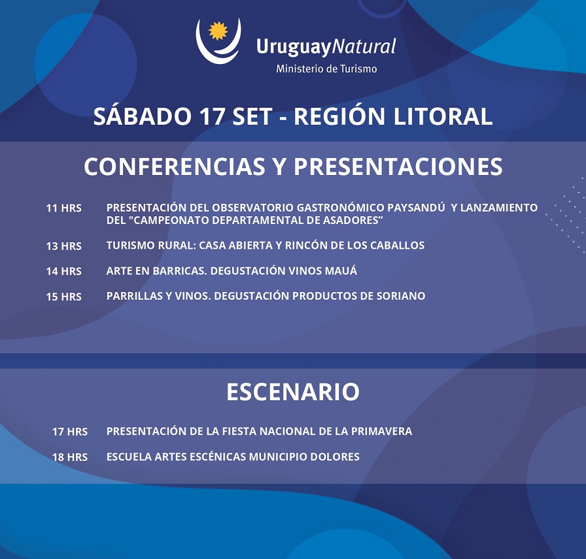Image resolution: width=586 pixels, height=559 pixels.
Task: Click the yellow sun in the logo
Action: click(218, 31)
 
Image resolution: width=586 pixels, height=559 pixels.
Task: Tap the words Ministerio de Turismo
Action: click(326, 69)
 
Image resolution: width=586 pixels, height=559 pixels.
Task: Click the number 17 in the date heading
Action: click(211, 116)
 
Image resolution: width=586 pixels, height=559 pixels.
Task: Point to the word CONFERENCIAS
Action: click(175, 167)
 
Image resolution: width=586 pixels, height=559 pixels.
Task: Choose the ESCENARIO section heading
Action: click(293, 392)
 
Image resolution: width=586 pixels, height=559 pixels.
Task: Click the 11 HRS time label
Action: click(63, 208)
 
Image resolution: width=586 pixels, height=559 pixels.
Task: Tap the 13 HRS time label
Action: click(63, 246)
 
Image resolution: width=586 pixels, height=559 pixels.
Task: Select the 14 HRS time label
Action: click(63, 271)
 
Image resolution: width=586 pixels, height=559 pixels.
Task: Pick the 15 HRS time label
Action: click(63, 296)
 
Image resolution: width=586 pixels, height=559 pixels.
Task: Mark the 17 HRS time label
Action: click(70, 432)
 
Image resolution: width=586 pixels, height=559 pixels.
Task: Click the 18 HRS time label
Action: click(70, 457)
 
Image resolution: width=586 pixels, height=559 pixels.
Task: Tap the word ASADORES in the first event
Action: click(351, 220)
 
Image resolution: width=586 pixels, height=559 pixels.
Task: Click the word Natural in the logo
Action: click(364, 47)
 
